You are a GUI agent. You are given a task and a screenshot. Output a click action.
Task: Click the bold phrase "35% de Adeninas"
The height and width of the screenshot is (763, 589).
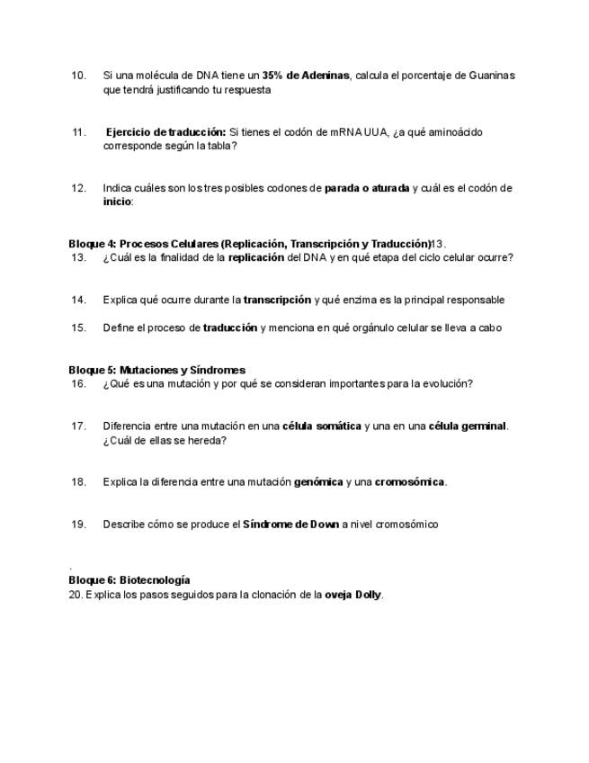(x=306, y=76)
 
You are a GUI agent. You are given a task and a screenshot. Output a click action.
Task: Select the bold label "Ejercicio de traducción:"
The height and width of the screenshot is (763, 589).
(x=166, y=132)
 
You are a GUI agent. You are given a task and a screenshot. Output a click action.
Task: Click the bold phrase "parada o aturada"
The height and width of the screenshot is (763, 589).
(x=367, y=188)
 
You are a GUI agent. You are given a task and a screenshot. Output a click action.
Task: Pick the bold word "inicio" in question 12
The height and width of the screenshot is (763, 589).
(x=117, y=202)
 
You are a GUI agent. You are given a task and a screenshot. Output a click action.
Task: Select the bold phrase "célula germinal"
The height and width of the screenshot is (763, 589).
(x=468, y=426)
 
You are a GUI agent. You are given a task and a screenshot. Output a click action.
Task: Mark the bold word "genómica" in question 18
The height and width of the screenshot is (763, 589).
(x=318, y=481)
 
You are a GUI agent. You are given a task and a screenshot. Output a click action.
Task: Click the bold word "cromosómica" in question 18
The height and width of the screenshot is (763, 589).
(x=409, y=481)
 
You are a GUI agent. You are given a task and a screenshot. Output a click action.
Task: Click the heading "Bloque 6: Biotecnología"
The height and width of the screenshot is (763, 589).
(x=129, y=580)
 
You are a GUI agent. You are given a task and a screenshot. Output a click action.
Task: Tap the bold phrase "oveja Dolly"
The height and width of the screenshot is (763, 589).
(x=353, y=595)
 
